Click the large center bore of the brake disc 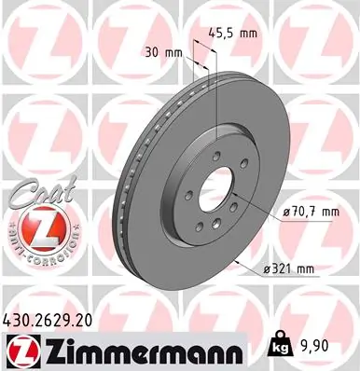click(214, 185)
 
